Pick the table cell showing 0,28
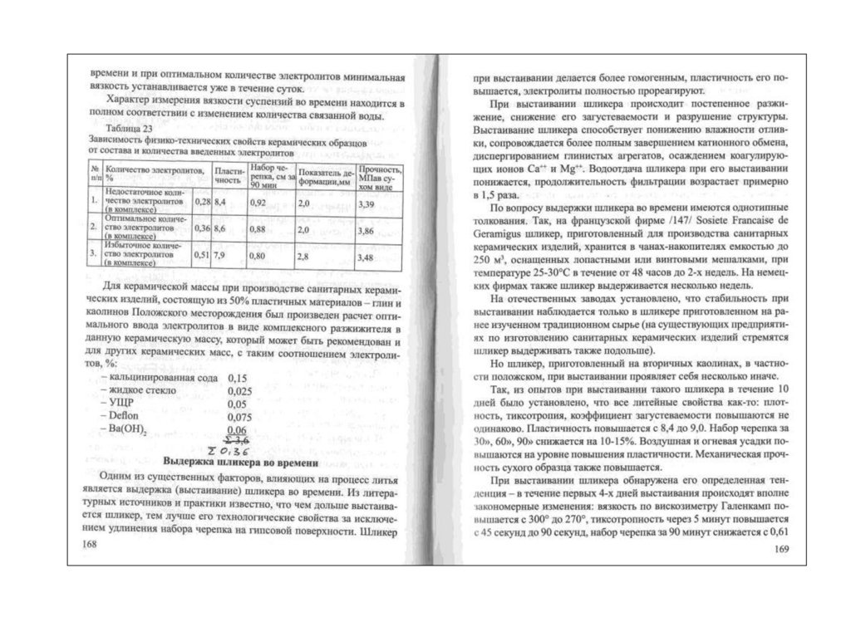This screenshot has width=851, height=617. pyautogui.click(x=202, y=202)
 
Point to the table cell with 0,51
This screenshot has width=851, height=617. pyautogui.click(x=201, y=257)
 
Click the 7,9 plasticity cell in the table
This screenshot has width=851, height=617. pyautogui.click(x=221, y=257)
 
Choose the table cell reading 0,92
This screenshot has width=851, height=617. pyautogui.click(x=258, y=203)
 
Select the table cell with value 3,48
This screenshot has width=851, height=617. pyautogui.click(x=366, y=257)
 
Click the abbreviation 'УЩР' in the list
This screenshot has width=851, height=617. pyautogui.click(x=115, y=403)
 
